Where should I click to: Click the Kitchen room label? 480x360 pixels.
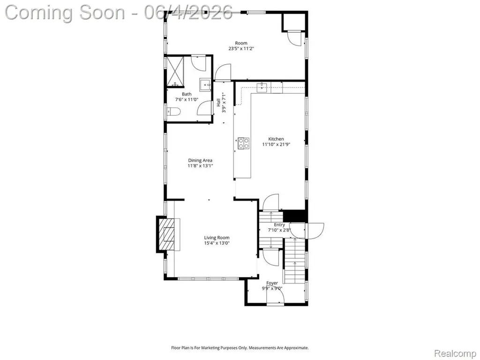pyautogui.click(x=276, y=139)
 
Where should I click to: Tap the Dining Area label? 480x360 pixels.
pyautogui.click(x=200, y=160)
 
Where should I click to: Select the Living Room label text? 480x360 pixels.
pyautogui.click(x=217, y=238)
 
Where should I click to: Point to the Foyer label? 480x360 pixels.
pyautogui.click(x=272, y=283)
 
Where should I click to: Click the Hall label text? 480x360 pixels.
pyautogui.click(x=218, y=102)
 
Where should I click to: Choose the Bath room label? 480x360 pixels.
pyautogui.click(x=187, y=94)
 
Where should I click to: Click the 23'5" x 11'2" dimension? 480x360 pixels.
pyautogui.click(x=241, y=48)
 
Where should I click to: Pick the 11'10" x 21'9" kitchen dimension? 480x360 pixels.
pyautogui.click(x=276, y=144)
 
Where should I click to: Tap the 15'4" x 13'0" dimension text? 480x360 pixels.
pyautogui.click(x=217, y=243)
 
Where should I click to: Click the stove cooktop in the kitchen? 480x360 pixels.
pyautogui.click(x=244, y=143)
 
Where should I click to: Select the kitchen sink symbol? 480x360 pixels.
pyautogui.click(x=262, y=87)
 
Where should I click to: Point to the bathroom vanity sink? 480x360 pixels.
pyautogui.click(x=205, y=85)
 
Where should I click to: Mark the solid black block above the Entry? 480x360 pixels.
pyautogui.click(x=294, y=216)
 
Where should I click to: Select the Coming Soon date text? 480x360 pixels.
pyautogui.click(x=119, y=13)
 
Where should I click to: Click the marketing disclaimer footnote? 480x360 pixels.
pyautogui.click(x=240, y=348)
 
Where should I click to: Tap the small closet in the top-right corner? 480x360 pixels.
pyautogui.click(x=293, y=22)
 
